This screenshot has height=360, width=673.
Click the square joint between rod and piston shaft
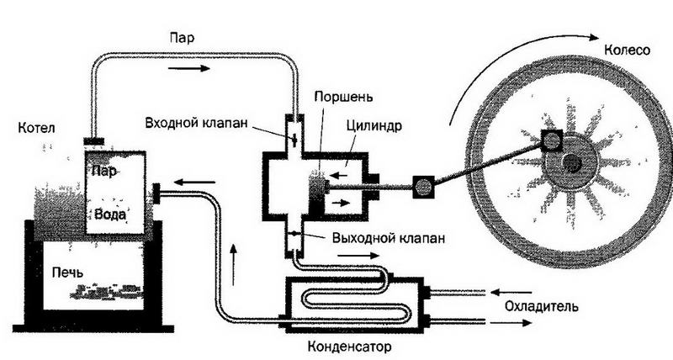[421, 186]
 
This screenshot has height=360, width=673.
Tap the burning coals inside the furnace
[104, 292]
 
